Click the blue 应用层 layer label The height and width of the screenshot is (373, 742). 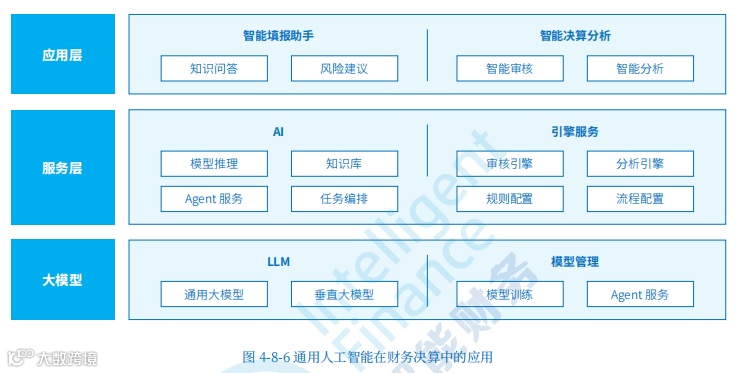(62, 55)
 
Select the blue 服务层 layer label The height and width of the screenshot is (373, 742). (62, 168)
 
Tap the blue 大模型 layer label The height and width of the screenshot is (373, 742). (62, 280)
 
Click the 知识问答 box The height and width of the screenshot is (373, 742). (214, 69)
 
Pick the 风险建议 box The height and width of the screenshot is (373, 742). (344, 69)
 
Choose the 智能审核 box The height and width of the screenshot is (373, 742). (510, 69)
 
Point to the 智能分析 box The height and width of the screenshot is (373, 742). (640, 69)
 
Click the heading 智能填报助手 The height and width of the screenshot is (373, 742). (278, 36)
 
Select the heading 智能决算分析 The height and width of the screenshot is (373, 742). (575, 36)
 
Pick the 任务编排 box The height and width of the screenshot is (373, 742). (344, 198)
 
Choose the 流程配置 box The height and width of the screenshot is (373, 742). (640, 198)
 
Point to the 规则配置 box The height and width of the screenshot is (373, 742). (510, 198)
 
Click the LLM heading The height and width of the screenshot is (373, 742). (278, 262)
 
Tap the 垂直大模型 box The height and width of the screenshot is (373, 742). (344, 294)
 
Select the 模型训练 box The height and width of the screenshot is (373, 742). (510, 294)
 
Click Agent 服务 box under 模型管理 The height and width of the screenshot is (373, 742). (640, 294)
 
